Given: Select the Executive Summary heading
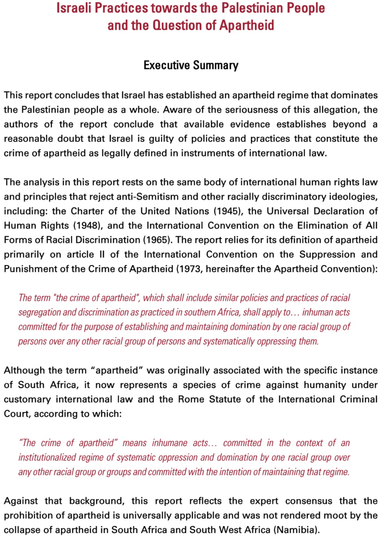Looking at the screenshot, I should point(191,65).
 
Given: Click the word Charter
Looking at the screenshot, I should point(87,211).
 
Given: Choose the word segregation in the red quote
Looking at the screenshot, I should point(39,313).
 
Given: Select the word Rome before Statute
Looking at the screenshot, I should point(191,399).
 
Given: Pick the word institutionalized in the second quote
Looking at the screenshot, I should point(47,458).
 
